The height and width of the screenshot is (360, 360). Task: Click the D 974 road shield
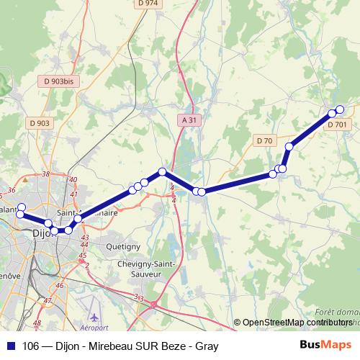coord(147,4)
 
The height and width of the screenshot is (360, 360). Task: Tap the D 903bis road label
coord(58,82)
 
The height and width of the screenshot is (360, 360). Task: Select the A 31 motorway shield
coord(187,121)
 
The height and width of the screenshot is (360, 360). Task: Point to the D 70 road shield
coord(264,140)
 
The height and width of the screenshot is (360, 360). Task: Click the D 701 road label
coord(336,125)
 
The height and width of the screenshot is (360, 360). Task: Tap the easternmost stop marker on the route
coord(340,109)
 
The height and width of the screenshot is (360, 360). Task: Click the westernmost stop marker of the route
coord(20,207)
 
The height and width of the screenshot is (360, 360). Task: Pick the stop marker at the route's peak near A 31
coord(163,171)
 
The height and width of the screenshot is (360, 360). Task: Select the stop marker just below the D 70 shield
coord(289,147)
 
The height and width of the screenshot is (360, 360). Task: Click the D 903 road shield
coord(40,123)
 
